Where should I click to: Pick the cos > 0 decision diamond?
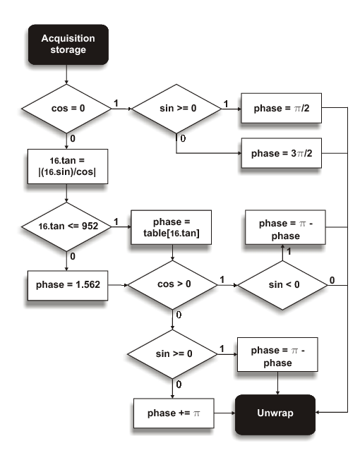(174, 286)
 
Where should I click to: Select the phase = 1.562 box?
(66, 286)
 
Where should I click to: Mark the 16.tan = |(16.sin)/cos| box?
(66, 167)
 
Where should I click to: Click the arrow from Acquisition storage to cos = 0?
(66, 73)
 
